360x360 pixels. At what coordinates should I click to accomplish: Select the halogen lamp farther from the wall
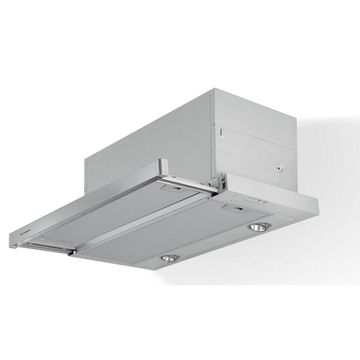169,258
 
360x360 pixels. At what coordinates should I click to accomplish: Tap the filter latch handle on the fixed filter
235,208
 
